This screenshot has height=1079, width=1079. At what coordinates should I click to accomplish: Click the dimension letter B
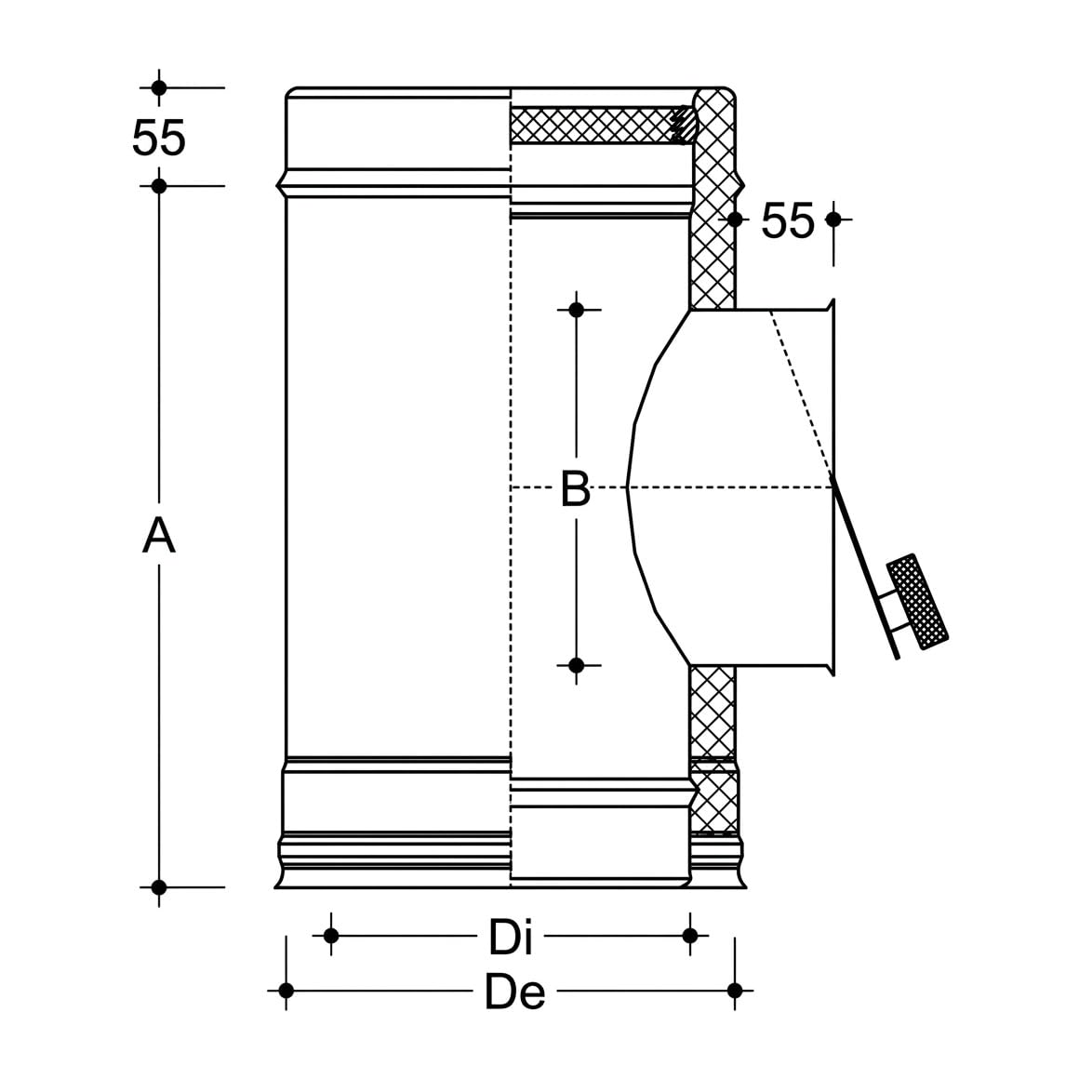tap(576, 488)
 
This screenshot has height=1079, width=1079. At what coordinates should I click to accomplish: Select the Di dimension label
tap(510, 937)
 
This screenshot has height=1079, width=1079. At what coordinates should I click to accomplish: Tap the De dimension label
tap(514, 992)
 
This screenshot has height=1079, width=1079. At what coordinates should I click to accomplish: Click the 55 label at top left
tap(159, 138)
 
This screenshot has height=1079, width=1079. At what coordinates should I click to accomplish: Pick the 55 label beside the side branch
tap(788, 220)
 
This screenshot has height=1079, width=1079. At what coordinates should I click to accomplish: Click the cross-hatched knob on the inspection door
tap(917, 602)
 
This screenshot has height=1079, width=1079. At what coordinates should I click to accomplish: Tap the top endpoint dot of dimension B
tap(577, 311)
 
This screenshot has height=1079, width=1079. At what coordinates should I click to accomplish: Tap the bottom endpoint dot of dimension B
tap(577, 665)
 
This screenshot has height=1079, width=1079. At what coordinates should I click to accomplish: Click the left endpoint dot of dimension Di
tap(331, 936)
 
